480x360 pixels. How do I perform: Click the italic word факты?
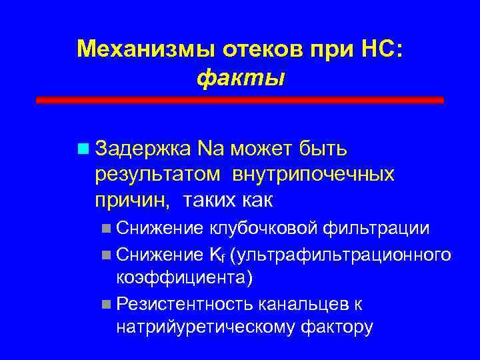(240, 78)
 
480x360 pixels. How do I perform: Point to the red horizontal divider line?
(239, 100)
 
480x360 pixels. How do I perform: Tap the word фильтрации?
(375, 229)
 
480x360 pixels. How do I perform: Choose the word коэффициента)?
(184, 278)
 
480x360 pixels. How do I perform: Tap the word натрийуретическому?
(207, 327)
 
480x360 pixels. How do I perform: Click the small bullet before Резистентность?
(107, 304)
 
